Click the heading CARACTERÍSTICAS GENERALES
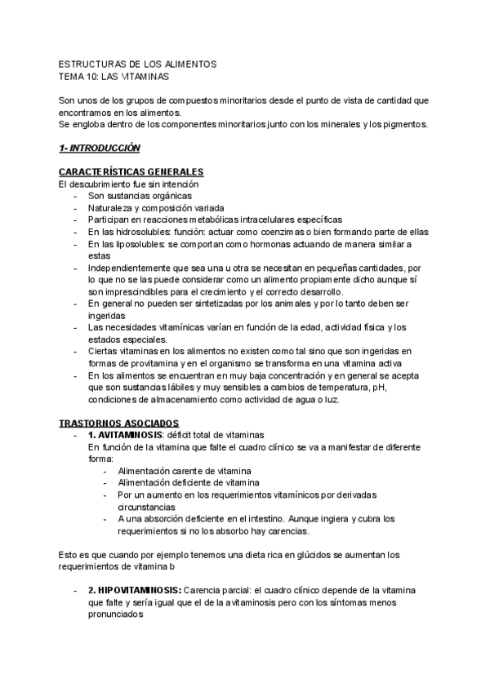tap(131, 171)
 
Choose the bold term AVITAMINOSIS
tap(133, 436)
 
